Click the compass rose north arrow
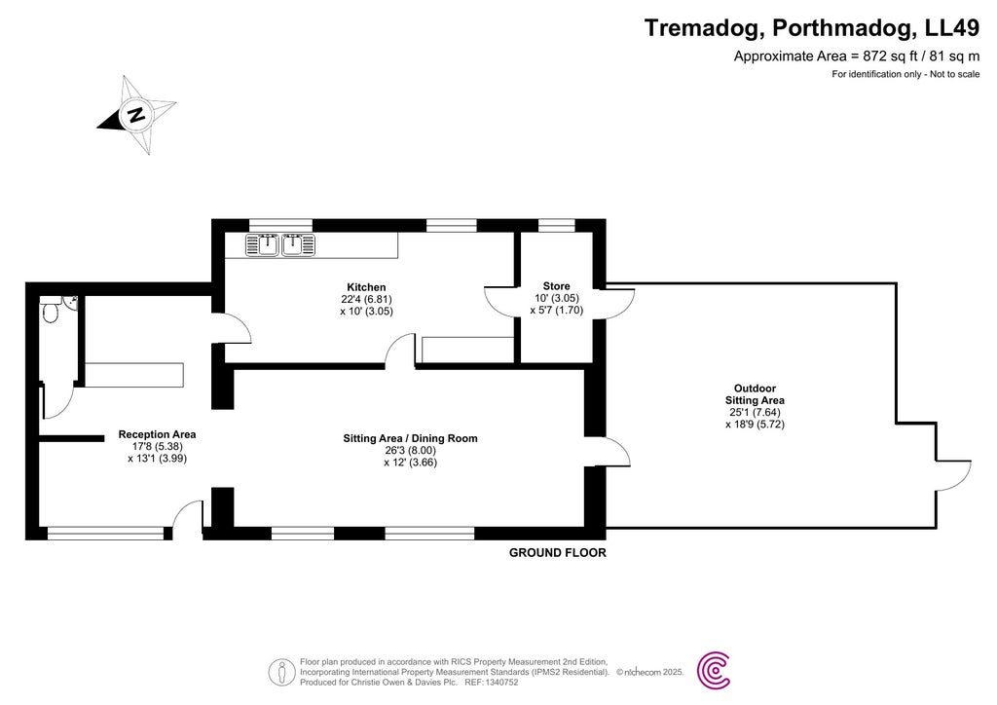136,115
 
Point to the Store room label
556,286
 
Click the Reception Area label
157,434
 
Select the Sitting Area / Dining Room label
410,438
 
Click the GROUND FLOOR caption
558,553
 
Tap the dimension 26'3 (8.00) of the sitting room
410,451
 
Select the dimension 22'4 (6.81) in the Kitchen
367,300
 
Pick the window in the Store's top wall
556,225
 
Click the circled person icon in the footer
281,671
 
